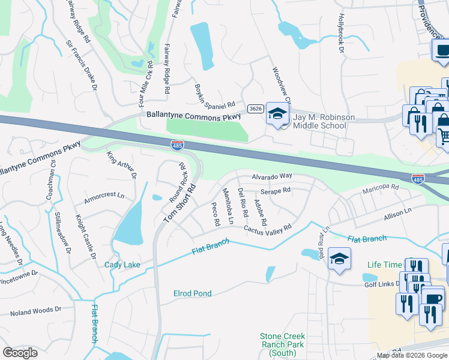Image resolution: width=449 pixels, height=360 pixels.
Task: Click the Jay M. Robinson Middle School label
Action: pos(319,121)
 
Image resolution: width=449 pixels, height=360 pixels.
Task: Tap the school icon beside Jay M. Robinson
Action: pos(277,113)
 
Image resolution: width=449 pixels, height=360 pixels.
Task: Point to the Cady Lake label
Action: pos(122,265)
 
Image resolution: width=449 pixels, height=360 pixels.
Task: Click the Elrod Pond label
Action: pos(192,293)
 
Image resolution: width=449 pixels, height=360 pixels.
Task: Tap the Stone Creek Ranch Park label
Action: pos(282,344)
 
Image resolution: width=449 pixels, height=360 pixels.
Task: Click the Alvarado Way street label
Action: pos(271,176)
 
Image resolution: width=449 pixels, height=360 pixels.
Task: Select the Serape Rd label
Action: pos(276,190)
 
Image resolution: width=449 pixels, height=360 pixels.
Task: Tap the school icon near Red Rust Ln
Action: pos(340,259)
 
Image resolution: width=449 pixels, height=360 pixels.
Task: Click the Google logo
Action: pos(20,353)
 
